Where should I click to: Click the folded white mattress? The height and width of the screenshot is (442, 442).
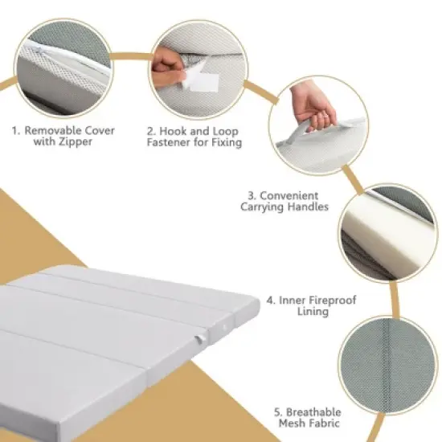coord(113,346)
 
